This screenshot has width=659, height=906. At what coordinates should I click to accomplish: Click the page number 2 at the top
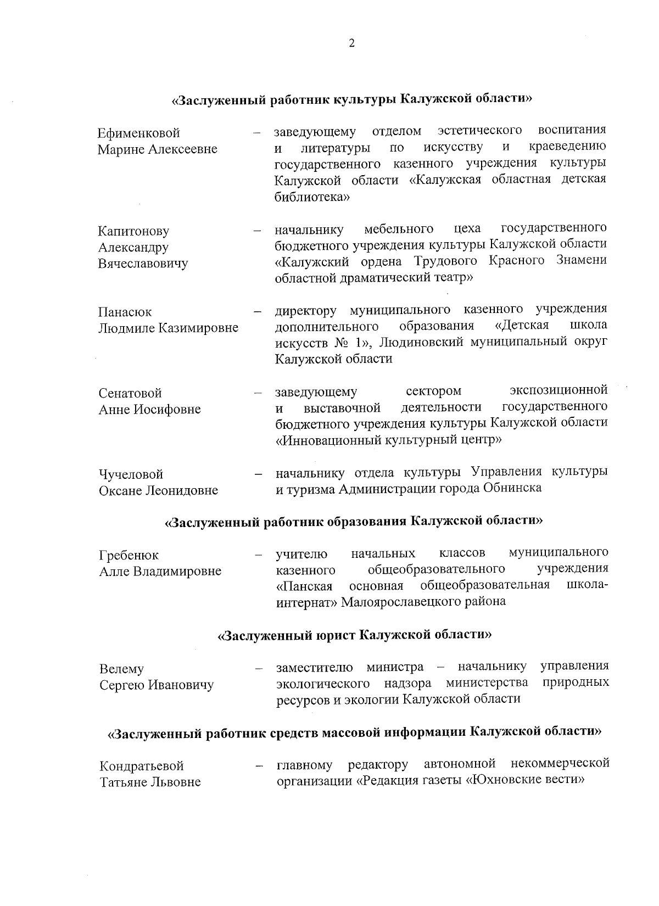[351, 44]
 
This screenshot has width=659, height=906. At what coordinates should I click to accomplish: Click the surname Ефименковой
[139, 133]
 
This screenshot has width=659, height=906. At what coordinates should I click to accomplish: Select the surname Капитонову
[133, 232]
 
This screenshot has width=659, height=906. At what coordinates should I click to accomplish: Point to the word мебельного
[399, 228]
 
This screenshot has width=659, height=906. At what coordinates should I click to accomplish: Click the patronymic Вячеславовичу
[143, 264]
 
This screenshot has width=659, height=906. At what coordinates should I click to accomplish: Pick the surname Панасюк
[125, 312]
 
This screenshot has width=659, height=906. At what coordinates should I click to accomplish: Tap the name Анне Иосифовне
[150, 410]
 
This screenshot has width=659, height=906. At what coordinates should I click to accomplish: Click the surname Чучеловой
[131, 474]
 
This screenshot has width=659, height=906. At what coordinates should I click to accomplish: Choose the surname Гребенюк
[129, 556]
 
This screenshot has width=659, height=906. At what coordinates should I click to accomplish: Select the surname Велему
[121, 669]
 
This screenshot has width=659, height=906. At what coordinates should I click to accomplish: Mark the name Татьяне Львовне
[150, 782]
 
